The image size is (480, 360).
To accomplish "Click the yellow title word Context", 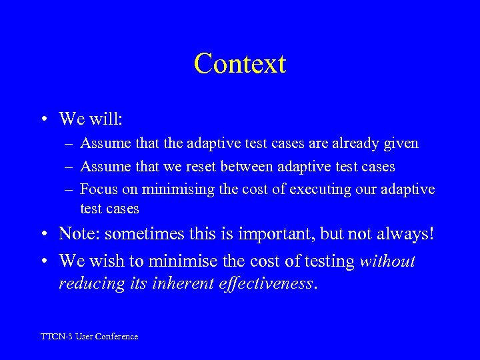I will pos(240,64).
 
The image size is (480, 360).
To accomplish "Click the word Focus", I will pos(98,189).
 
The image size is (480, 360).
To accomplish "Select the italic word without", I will pos(387,261).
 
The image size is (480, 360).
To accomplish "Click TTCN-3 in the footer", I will pos(55,337).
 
